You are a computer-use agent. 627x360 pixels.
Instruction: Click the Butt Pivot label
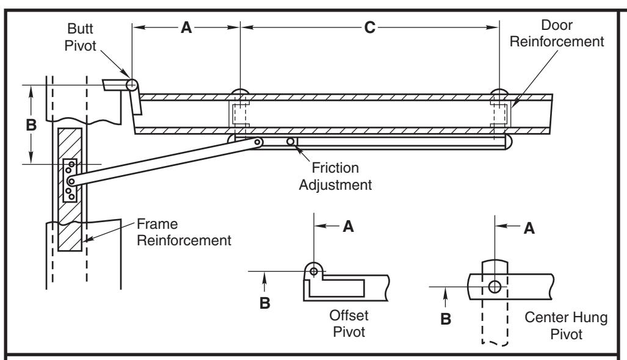point(81,37)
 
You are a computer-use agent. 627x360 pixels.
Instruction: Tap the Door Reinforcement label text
point(557,33)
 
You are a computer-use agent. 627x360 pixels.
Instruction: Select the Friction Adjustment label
point(335,176)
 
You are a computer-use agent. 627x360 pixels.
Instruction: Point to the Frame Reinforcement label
point(184,232)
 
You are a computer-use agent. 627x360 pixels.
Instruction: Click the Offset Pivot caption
point(349,323)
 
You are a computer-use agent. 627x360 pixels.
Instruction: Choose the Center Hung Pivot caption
point(566,325)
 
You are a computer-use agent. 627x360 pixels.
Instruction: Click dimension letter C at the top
point(370,27)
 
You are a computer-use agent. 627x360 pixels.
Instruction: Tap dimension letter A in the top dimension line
point(186,27)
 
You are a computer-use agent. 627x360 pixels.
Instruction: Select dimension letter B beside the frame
point(31,124)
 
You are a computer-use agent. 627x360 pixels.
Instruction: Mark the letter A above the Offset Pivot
point(348,226)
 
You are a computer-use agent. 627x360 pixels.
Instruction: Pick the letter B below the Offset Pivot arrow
point(265,303)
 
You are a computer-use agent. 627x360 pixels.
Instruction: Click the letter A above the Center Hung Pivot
point(529,228)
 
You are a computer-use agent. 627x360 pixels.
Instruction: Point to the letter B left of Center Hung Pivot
point(446,319)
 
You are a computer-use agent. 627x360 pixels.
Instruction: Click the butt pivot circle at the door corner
point(132,85)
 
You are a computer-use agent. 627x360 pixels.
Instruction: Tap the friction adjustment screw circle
point(291,142)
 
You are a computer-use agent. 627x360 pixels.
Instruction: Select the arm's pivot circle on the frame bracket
point(71,182)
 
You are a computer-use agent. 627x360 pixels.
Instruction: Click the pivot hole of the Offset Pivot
point(314,272)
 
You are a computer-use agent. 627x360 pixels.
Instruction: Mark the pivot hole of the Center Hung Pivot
point(495,287)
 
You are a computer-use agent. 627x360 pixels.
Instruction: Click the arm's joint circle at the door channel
point(258,142)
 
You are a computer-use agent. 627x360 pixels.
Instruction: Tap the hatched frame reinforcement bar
point(70,189)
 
